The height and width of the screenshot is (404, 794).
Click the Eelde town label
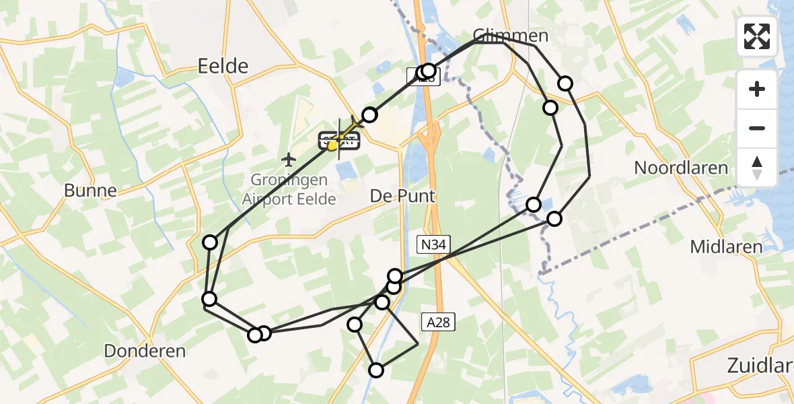[223, 65]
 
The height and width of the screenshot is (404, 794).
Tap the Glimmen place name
[511, 36]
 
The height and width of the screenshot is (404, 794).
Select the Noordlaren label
[681, 168]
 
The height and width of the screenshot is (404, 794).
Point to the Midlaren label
[726, 247]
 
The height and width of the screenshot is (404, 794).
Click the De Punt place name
[403, 196]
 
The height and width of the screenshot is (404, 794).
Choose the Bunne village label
[90, 190]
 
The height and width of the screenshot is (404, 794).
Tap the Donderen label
[145, 350]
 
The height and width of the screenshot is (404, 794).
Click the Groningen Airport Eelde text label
[289, 190]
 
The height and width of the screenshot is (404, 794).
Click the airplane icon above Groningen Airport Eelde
[289, 160]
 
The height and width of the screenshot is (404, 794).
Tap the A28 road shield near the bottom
[438, 323]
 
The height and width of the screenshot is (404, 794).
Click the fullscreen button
[757, 36]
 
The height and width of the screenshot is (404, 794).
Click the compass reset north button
[757, 168]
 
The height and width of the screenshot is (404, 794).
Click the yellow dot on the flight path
[332, 144]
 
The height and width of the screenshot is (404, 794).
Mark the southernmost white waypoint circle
[376, 370]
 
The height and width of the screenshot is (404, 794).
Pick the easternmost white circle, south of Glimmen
[565, 83]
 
